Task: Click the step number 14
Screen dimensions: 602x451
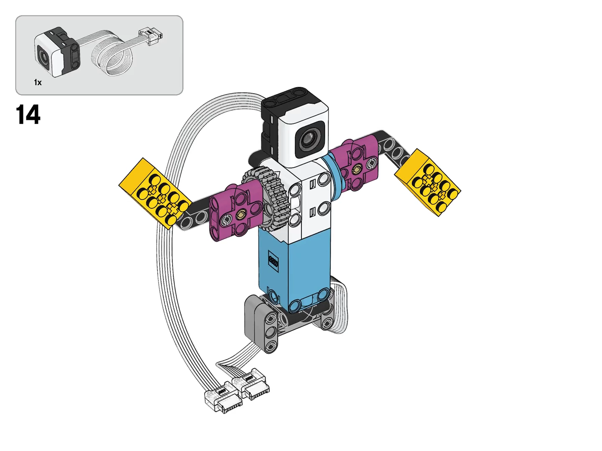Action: pyautogui.click(x=28, y=115)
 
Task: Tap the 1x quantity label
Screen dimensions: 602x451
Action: pyautogui.click(x=38, y=82)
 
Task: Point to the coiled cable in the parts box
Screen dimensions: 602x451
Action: pyautogui.click(x=112, y=53)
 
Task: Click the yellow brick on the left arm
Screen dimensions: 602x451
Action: pyautogui.click(x=155, y=193)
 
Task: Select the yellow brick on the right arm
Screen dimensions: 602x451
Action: pyautogui.click(x=428, y=182)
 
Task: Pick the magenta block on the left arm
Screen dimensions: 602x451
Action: pyautogui.click(x=236, y=211)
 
